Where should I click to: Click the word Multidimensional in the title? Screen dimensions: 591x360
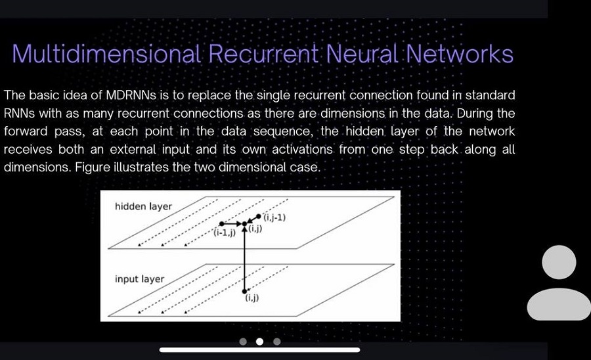[x=106, y=54]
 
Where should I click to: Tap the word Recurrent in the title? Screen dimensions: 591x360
[x=263, y=54]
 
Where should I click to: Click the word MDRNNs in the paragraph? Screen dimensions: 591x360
[x=131, y=95]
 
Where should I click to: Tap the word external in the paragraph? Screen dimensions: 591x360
[x=133, y=149]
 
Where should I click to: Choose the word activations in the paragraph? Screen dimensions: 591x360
[x=302, y=149]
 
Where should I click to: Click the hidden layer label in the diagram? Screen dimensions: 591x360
[x=143, y=206]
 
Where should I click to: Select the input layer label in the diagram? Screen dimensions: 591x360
[x=139, y=279]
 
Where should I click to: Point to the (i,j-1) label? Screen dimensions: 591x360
[x=274, y=217]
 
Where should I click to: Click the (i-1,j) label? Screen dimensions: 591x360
[x=225, y=233]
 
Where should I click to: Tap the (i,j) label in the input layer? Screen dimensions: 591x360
[x=252, y=298]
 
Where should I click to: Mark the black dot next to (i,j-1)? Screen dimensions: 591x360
[x=258, y=216]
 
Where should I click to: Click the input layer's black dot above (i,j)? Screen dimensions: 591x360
[x=244, y=291]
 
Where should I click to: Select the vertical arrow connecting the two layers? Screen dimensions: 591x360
[x=244, y=259]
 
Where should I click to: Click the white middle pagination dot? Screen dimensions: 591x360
[x=259, y=342]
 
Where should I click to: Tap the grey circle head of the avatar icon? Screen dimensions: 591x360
[x=559, y=262]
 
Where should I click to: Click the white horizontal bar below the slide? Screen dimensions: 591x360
[x=259, y=350]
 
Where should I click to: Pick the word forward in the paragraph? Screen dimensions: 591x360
[x=26, y=131]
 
